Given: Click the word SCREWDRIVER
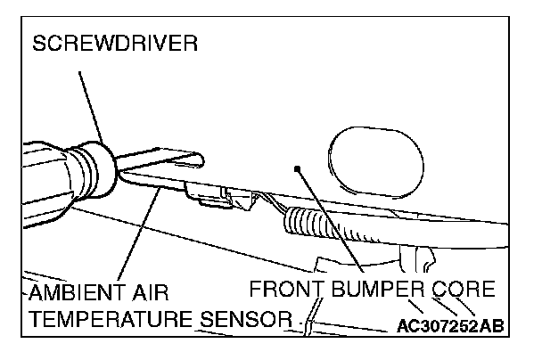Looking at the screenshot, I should [x=115, y=45].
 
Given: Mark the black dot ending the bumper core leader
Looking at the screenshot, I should [x=299, y=167].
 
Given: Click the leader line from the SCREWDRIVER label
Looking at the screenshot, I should [x=89, y=102].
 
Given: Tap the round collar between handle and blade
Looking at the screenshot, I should [x=98, y=169].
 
